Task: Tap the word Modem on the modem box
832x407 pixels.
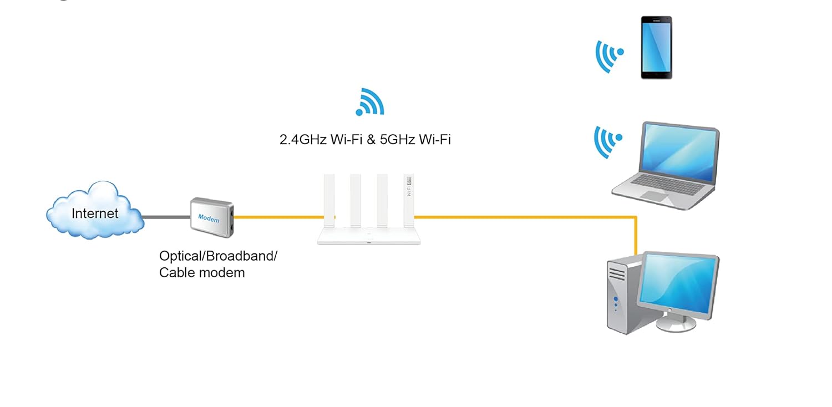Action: click(209, 218)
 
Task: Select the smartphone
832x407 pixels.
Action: click(656, 47)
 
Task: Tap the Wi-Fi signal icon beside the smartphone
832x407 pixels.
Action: click(608, 55)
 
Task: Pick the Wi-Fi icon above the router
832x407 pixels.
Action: click(370, 102)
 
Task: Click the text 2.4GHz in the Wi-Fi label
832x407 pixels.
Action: click(303, 139)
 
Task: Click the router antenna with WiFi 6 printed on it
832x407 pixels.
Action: click(409, 199)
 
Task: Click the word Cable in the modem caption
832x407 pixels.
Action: click(176, 273)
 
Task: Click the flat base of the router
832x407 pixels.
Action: click(369, 238)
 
